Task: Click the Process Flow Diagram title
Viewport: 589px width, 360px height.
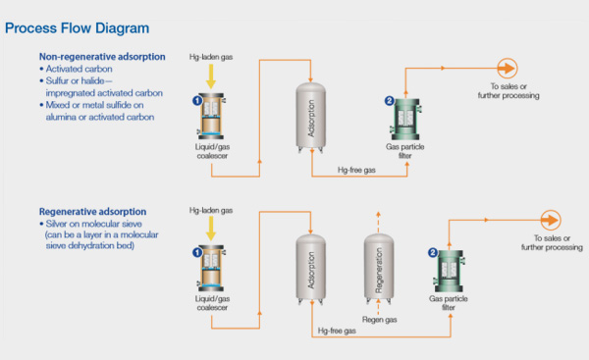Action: tap(77, 28)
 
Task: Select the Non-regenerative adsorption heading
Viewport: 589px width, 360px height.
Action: tap(102, 57)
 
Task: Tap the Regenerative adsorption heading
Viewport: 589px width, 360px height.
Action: tap(93, 212)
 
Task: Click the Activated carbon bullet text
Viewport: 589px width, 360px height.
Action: tap(79, 69)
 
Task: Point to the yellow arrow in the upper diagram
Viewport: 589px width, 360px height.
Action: tap(211, 77)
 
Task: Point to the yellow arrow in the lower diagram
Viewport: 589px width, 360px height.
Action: tap(211, 229)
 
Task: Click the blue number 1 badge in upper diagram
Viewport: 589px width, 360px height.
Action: tap(197, 101)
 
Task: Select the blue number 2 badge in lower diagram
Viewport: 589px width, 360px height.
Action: tap(433, 253)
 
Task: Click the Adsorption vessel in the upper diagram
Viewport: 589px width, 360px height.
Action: tap(310, 118)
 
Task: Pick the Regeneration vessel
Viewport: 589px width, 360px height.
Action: tap(379, 269)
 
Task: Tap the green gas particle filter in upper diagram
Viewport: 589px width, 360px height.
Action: tap(405, 119)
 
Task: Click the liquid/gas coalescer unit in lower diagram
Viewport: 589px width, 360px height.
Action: tap(211, 268)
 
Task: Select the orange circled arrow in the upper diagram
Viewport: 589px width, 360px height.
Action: tap(508, 69)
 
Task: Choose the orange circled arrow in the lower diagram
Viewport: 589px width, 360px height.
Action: tap(551, 220)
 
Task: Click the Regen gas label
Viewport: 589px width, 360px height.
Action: tap(379, 320)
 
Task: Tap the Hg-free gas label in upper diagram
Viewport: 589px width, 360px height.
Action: tap(356, 170)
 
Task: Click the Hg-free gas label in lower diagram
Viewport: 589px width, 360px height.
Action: tap(337, 331)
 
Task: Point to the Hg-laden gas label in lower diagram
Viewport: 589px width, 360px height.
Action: tap(211, 211)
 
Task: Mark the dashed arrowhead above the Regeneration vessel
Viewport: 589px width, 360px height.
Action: tap(378, 215)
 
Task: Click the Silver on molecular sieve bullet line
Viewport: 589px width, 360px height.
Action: tap(93, 224)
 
